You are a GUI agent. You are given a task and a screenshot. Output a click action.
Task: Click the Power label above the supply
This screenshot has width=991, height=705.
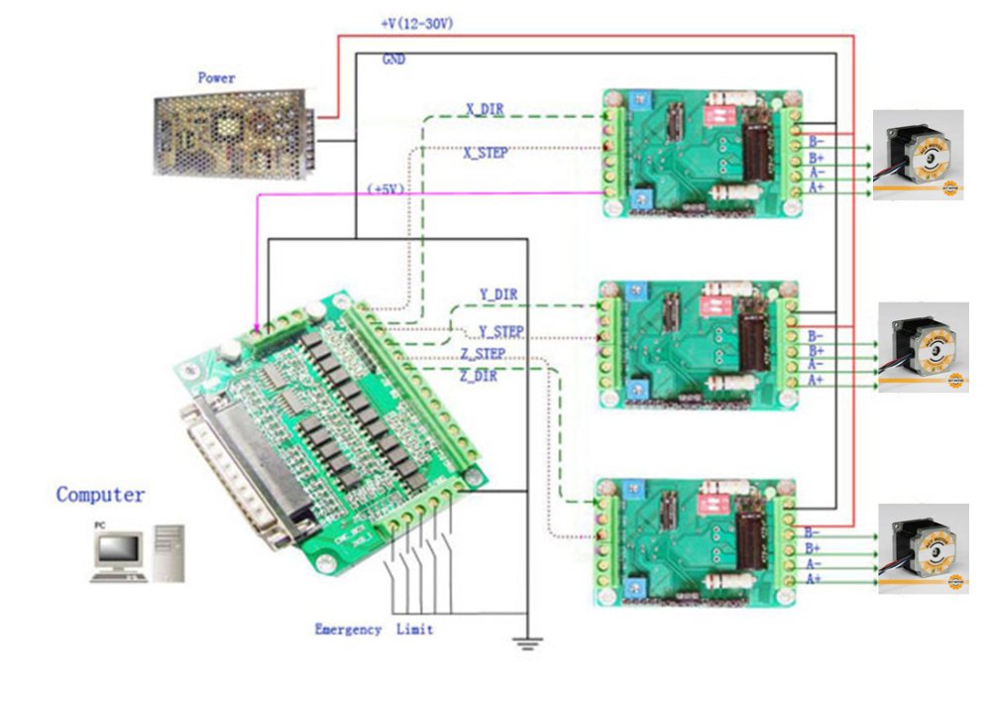[x=216, y=77]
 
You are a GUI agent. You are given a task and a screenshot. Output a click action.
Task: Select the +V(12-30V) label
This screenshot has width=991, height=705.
[x=417, y=22]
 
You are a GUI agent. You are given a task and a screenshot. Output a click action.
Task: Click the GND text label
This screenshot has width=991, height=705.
[x=393, y=59]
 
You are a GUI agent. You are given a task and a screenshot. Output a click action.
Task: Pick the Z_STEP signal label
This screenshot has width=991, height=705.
[x=483, y=354]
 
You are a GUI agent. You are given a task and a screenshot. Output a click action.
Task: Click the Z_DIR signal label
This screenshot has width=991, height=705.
[x=479, y=376]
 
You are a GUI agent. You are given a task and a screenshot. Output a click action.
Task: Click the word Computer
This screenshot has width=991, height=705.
[x=100, y=494]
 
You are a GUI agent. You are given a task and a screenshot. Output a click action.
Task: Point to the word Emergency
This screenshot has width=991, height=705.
[x=348, y=630]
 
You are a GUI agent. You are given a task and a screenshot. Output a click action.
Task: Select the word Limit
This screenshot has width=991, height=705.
[x=414, y=630]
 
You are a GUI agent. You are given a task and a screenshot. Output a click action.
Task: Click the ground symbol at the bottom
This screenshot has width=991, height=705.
[x=526, y=643]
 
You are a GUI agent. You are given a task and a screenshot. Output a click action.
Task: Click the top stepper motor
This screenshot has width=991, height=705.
[x=918, y=155]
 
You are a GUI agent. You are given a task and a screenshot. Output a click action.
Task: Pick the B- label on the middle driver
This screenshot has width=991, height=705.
[x=816, y=337]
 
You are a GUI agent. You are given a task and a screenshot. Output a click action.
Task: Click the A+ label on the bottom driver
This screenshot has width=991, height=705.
[x=814, y=578]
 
